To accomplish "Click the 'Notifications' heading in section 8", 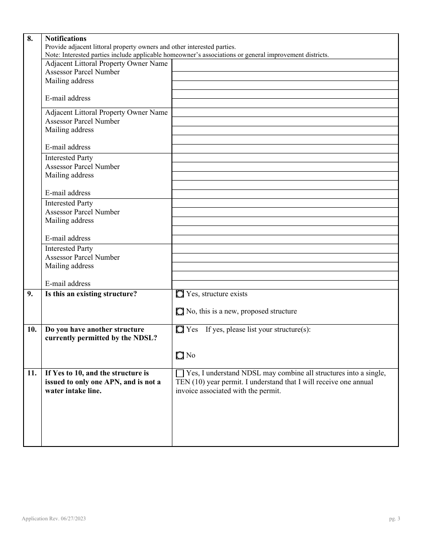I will [x=66, y=39].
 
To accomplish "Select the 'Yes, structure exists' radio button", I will [x=179, y=294].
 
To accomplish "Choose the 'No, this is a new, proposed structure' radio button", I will [x=179, y=311].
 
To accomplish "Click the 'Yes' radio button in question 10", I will [x=179, y=330].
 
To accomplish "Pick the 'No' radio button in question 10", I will [x=179, y=355].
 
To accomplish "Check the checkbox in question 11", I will [x=179, y=374].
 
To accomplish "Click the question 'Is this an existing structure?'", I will [x=91, y=294].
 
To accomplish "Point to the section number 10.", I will [x=32, y=330].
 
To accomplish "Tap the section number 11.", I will [x=32, y=373].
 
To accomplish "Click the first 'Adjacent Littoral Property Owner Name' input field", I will [x=285, y=65].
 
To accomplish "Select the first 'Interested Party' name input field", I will [x=285, y=158].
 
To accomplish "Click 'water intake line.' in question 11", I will [x=73, y=391].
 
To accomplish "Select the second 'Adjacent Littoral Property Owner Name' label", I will [x=106, y=113].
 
